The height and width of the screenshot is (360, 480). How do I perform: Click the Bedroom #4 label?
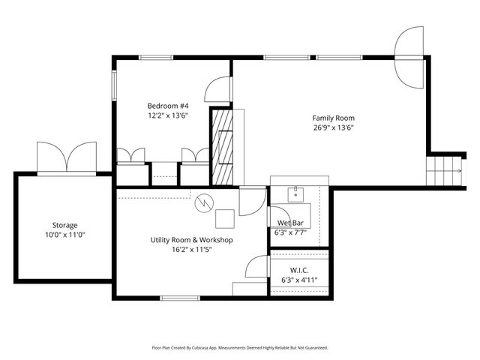pos(167,106)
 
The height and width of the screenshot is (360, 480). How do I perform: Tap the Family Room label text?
pos(333,118)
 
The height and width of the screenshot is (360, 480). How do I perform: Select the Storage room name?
pos(64,225)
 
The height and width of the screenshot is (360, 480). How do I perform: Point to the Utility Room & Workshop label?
pos(191,240)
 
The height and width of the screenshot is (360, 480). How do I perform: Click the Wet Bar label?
pos(290,223)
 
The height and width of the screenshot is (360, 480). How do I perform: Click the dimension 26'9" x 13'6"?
pos(333,127)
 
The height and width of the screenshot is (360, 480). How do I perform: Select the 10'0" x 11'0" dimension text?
pos(64,235)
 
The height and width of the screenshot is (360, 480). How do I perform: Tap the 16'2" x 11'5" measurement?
pos(191,250)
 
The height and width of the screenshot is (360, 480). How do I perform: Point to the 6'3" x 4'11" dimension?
pos(298,280)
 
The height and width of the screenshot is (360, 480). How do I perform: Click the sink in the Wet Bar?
pos(297,193)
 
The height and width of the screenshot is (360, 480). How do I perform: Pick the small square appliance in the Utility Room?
pos(224,218)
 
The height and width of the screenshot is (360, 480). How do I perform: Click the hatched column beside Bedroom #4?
pos(222,146)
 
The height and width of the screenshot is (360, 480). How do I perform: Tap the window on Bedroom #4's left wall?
pos(114,84)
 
